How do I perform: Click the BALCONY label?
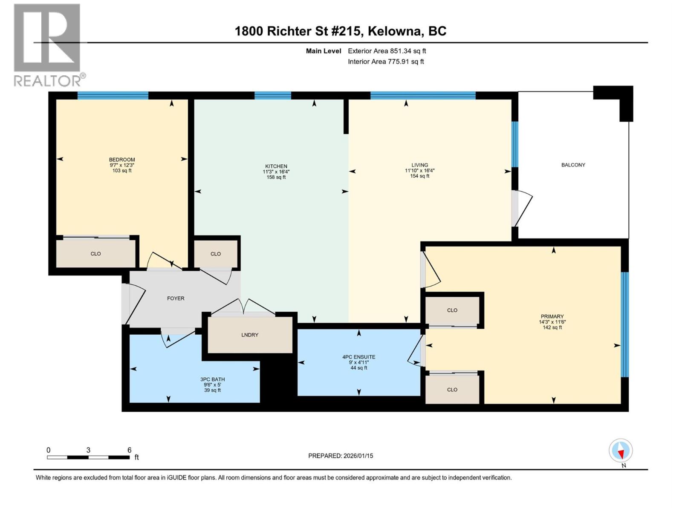(x=573, y=165)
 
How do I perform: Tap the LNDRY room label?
(x=249, y=335)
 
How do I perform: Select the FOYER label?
(x=176, y=299)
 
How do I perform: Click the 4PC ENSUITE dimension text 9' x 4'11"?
(x=358, y=362)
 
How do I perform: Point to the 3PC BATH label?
(x=212, y=379)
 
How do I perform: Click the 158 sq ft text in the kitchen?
(x=276, y=177)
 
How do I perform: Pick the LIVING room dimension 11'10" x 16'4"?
(x=419, y=170)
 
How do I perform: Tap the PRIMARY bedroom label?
(x=552, y=316)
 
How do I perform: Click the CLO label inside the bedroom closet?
(x=95, y=254)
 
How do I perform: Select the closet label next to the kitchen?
(x=215, y=254)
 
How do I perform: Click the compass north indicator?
(x=621, y=451)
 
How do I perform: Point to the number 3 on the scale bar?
(x=88, y=450)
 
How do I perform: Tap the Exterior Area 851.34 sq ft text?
(x=387, y=51)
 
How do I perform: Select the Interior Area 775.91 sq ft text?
(x=386, y=62)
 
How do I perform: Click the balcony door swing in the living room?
(x=523, y=209)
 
